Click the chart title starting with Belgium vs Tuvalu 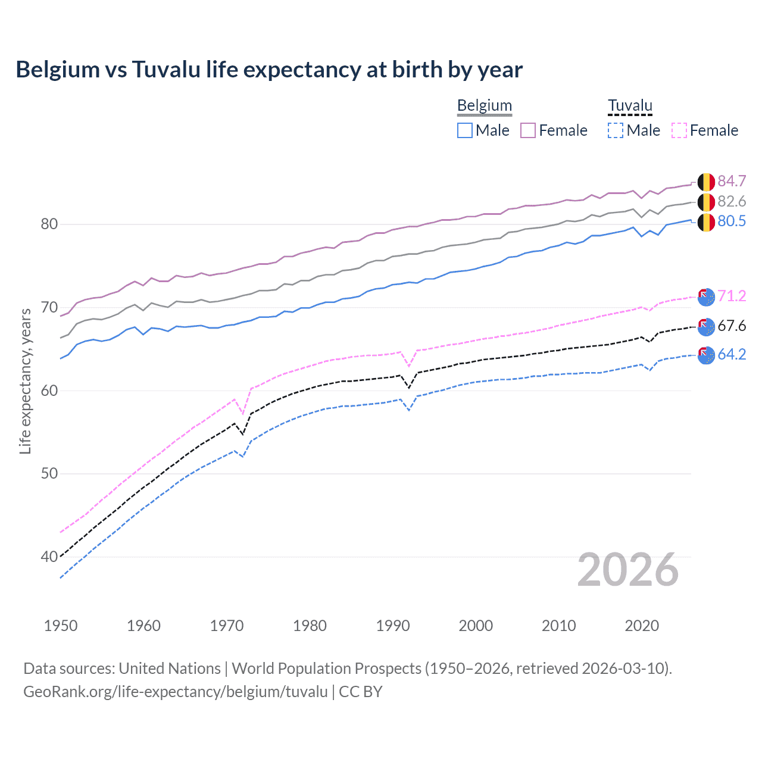[x=269, y=70]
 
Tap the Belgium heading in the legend [x=484, y=105]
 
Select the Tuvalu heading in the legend [x=630, y=105]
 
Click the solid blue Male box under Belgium [x=465, y=130]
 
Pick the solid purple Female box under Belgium [x=528, y=130]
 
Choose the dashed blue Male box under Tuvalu [x=616, y=130]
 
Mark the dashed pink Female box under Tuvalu [x=679, y=130]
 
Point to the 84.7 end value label [x=732, y=181]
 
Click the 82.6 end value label [x=732, y=201]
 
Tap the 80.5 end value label [x=732, y=221]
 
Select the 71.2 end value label [x=732, y=296]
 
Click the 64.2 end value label [x=732, y=355]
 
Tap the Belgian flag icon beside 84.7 [x=706, y=182]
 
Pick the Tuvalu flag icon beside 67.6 [x=706, y=326]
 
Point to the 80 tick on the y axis [x=49, y=224]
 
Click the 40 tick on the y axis [x=49, y=557]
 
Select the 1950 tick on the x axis [x=61, y=626]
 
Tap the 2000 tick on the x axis [x=476, y=626]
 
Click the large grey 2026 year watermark [x=627, y=570]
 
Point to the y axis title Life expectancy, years [x=25, y=381]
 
